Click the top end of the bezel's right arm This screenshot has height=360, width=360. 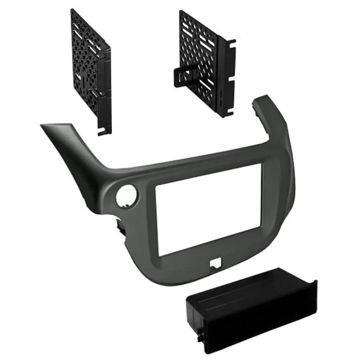coord(265,99)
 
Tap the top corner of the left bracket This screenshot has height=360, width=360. coord(74,11)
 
